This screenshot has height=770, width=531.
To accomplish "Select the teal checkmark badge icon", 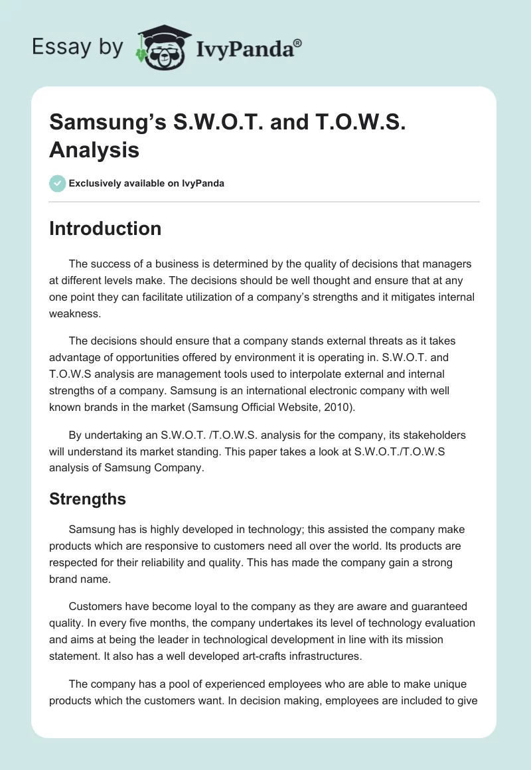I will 58,183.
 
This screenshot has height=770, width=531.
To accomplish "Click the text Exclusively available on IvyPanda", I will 147,183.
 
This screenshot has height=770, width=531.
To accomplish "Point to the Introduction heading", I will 105,228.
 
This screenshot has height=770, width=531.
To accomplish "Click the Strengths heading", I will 88,499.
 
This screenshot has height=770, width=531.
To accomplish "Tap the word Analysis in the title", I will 94,149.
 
